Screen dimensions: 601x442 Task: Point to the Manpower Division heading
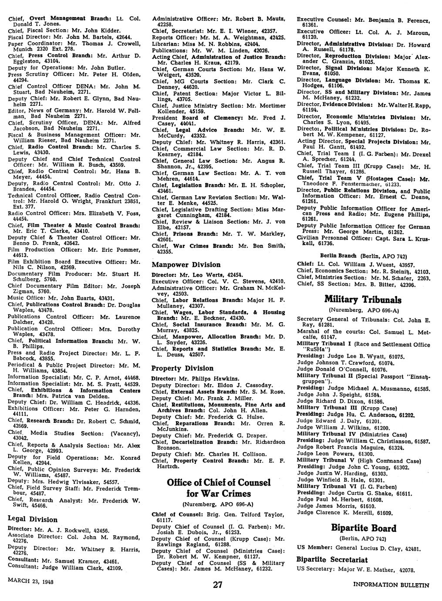pos(180,264)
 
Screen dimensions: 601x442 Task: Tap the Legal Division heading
pos(33,519)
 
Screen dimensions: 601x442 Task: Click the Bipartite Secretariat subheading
pos(332,559)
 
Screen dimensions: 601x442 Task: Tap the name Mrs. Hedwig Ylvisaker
pos(70,481)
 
